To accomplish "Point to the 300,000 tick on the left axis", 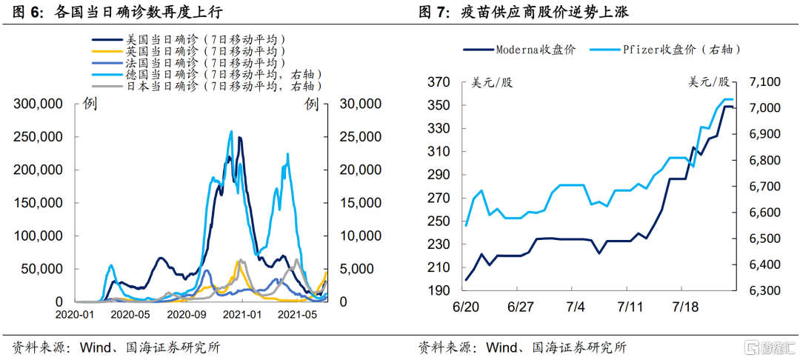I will [38, 104].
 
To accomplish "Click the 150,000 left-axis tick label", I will [38, 203].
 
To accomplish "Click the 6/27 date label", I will [521, 306].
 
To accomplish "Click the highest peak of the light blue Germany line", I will [231, 132].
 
